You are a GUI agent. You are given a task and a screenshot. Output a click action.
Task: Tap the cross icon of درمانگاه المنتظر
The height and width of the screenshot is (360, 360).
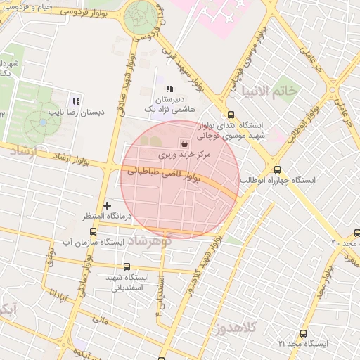[x=107, y=205]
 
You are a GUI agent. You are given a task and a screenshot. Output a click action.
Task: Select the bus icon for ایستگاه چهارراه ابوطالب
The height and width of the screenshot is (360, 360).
[x=277, y=169]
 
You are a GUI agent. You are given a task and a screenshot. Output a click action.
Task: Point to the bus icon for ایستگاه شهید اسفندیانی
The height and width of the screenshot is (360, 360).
[x=127, y=266]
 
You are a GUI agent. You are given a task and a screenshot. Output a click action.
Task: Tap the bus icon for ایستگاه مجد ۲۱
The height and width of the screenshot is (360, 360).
[x=303, y=334]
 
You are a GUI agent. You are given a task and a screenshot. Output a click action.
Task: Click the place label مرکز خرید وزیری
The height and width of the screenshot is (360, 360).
[x=162, y=153]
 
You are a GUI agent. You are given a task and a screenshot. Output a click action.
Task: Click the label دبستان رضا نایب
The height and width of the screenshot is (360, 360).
[x=73, y=111]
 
